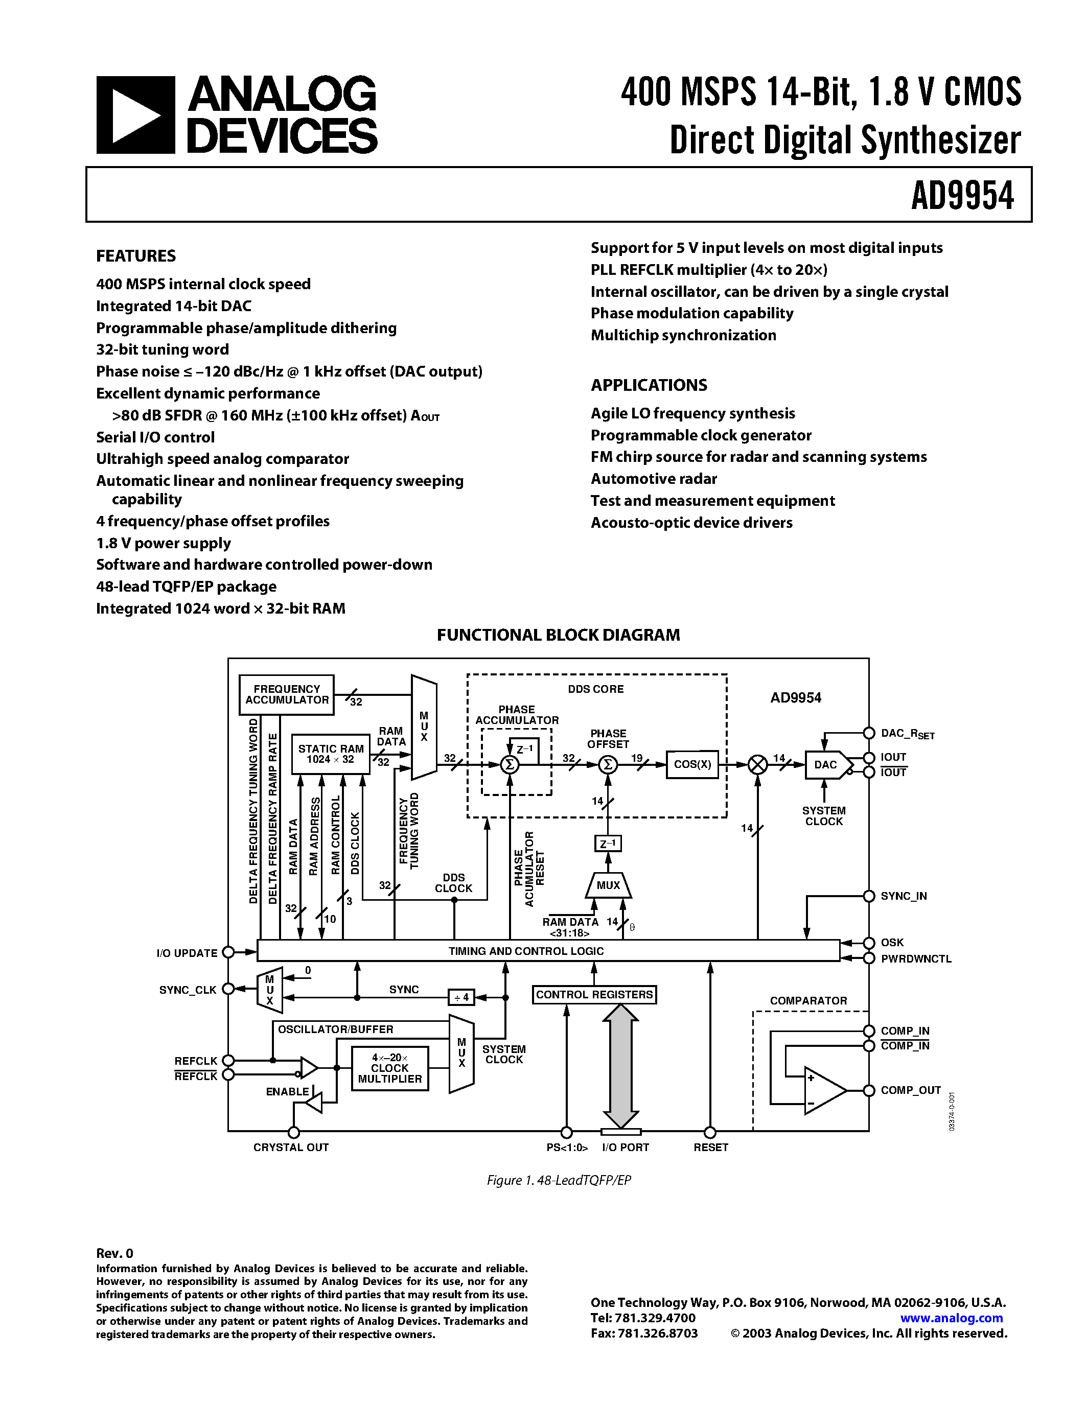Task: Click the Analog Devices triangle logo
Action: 135,114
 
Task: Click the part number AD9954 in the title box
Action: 962,196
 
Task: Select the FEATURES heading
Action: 136,255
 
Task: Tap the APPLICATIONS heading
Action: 649,385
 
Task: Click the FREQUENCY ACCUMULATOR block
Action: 286,694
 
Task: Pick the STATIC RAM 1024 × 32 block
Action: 331,754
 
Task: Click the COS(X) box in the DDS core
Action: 691,764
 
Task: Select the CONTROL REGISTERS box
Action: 594,995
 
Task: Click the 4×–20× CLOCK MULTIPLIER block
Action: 390,1068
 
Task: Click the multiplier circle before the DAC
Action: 758,764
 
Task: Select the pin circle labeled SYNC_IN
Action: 868,896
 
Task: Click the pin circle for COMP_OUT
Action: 868,1090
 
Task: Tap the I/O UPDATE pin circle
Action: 228,952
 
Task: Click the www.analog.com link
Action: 951,1318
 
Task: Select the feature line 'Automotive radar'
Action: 654,479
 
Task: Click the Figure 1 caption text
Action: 559,1180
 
